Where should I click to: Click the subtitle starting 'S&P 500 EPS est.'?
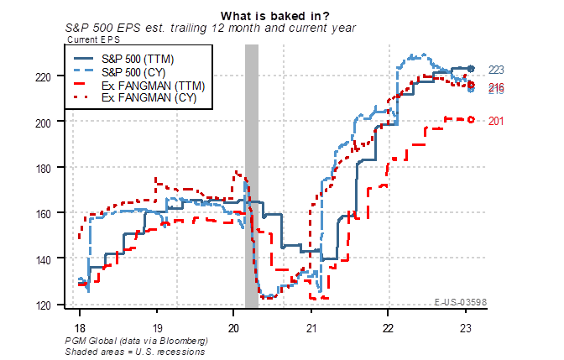coord(211,27)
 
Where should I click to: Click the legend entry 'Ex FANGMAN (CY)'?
coord(144,98)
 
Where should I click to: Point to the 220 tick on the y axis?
coord(50,77)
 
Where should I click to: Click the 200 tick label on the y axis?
coord(50,123)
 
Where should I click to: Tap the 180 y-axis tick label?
coord(50,168)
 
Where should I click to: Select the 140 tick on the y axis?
coord(50,259)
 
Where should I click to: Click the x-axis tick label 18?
coord(79,326)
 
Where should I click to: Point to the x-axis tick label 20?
coord(234,326)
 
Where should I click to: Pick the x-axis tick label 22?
coord(389,326)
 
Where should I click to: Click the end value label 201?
coord(496,121)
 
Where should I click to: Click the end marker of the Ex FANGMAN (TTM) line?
coord(472,119)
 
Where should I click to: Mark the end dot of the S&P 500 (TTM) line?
coord(472,69)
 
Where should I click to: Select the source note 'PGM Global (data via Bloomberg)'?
coord(135,342)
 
